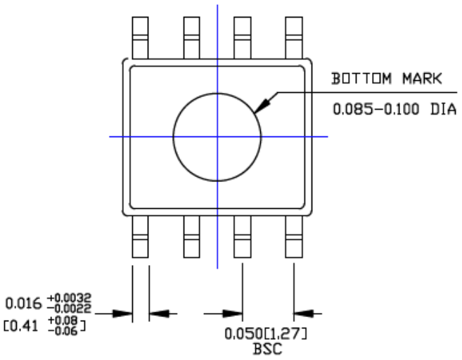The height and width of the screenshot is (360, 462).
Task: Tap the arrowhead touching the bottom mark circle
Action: (261, 106)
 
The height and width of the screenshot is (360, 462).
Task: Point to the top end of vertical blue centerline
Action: (217, 6)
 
